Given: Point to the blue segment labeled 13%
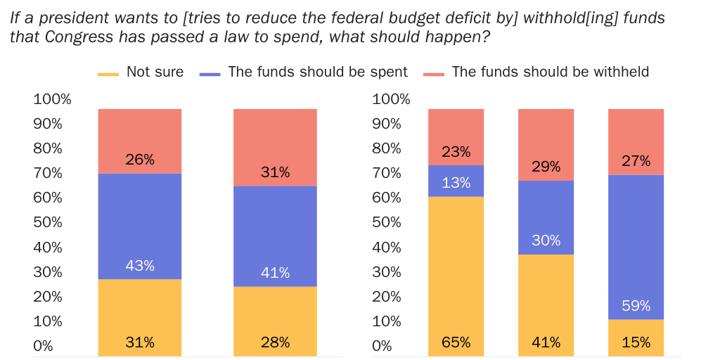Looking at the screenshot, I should pos(456,181).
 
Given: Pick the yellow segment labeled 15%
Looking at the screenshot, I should pos(636,337).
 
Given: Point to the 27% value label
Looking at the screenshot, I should pos(636,161).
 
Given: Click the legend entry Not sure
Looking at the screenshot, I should pos(155,72).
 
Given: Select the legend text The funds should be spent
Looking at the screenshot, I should pos(318,72).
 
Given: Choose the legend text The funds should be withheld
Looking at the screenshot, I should pos(550,72).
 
